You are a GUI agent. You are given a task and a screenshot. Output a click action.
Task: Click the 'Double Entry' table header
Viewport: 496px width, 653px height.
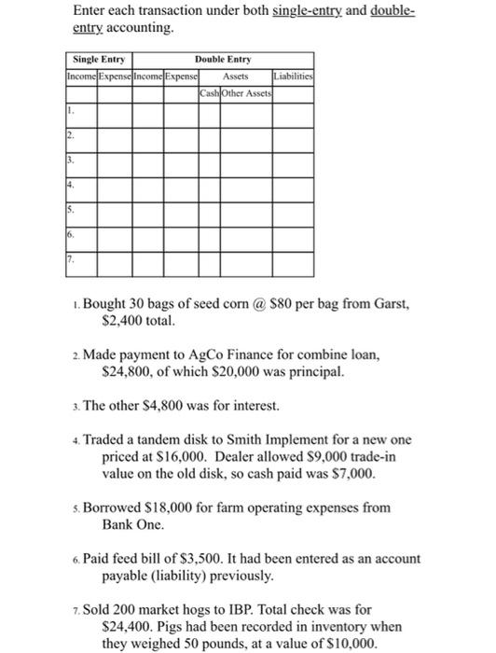(223, 59)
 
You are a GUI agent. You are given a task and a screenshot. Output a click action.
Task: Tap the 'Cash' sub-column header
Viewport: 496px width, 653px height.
(209, 91)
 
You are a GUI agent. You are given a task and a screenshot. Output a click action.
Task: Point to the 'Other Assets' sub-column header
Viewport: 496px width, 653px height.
(245, 91)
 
